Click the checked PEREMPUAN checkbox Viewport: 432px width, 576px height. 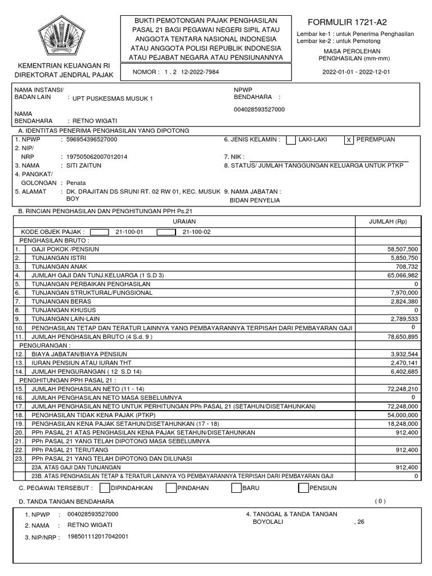[349, 140]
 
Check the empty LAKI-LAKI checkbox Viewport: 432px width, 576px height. [291, 140]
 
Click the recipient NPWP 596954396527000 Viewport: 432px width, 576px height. [92, 139]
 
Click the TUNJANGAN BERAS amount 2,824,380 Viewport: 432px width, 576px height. [403, 301]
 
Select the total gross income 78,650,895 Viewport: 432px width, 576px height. [402, 336]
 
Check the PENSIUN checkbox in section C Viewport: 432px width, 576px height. [303, 488]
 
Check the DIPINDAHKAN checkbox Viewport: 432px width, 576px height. [105, 488]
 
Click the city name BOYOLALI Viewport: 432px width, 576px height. [268, 521]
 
